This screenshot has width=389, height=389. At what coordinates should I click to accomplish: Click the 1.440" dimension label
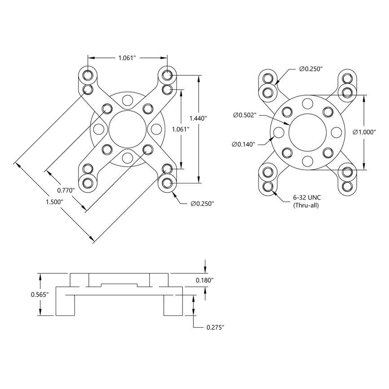tap(198, 118)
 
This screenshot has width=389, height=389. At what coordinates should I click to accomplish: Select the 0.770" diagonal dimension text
tap(66, 190)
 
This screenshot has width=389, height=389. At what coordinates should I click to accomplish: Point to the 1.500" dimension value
tap(54, 202)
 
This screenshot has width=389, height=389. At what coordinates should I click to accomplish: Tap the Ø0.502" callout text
tap(245, 115)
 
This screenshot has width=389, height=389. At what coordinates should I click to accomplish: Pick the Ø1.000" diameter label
tap(364, 132)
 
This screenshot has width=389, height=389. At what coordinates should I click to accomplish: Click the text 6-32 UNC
tap(306, 198)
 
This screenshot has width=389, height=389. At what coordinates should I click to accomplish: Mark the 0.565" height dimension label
tap(39, 294)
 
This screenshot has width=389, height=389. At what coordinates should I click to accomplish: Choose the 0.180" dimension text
tap(205, 280)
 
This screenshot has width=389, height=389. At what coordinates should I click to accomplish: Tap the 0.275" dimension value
tap(215, 328)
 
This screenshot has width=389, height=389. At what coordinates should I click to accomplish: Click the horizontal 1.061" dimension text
tap(127, 58)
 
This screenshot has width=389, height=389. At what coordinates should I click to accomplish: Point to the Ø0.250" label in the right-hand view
tap(311, 69)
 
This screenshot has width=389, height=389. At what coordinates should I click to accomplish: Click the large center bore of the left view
tap(127, 129)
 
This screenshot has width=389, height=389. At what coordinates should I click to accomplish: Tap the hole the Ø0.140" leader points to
tap(279, 132)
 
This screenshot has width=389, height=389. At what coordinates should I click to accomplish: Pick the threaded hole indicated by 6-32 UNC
tap(268, 187)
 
